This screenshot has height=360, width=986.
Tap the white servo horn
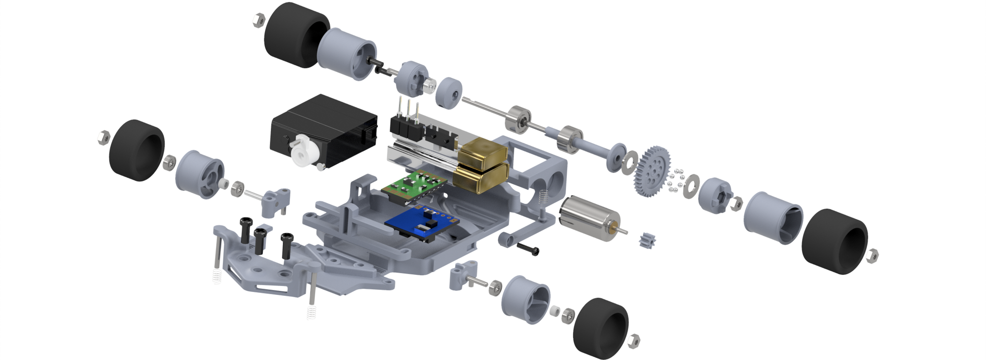pyautogui.click(x=304, y=151)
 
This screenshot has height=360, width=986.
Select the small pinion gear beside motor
pyautogui.click(x=646, y=241)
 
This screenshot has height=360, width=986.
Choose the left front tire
pyautogui.click(x=136, y=146)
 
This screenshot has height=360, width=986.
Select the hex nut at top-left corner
pyautogui.click(x=258, y=20)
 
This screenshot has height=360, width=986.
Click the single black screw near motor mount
pyautogui.click(x=528, y=248)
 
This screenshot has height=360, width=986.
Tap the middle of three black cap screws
pyautogui.click(x=260, y=239)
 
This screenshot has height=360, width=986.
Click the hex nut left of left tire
pyautogui.click(x=103, y=137)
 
